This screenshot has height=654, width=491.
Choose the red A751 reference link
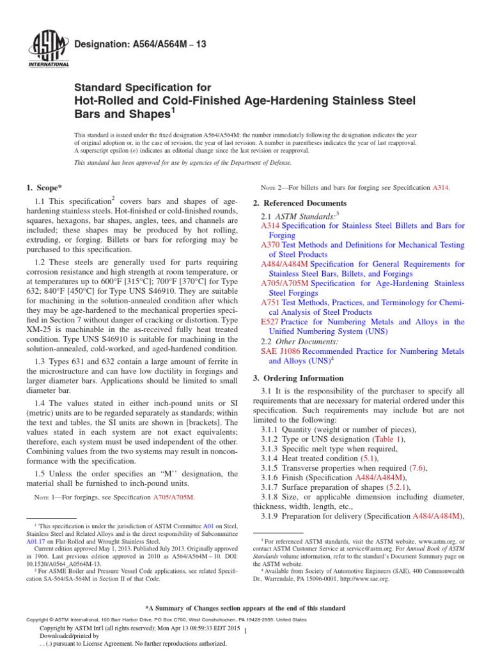[272, 303]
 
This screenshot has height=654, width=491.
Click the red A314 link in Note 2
[441, 188]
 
